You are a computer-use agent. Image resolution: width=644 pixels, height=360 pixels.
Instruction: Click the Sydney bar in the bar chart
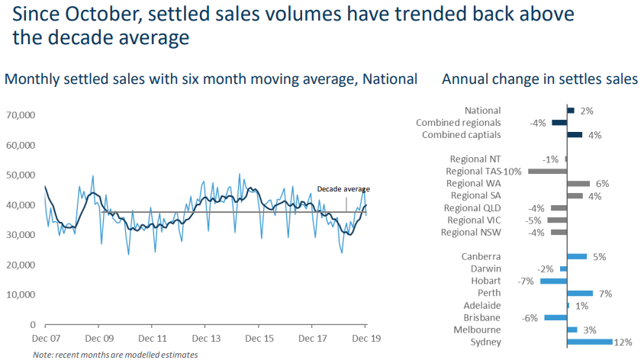[590, 342]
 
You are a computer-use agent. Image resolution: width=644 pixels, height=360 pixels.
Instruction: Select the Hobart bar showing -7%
[553, 281]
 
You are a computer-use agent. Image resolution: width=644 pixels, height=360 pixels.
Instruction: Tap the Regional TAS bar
[546, 171]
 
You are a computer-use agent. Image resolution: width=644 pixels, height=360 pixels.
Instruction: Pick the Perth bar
[580, 293]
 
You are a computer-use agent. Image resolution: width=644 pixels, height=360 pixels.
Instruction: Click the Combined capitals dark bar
[575, 135]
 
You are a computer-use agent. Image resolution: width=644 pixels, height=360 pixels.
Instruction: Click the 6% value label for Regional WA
[602, 184]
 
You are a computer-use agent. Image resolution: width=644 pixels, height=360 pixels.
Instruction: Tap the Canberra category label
[481, 257]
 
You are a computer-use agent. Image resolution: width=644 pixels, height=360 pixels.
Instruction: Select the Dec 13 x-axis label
[206, 338]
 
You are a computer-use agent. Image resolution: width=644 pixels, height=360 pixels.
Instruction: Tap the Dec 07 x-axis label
[45, 338]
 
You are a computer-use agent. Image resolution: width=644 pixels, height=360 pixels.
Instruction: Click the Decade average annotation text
[343, 189]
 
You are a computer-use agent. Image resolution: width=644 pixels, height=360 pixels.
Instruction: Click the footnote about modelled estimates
[115, 355]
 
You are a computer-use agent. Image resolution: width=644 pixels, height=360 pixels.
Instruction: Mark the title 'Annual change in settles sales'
[539, 79]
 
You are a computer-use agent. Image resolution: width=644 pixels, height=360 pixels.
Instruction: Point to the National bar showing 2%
[571, 111]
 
